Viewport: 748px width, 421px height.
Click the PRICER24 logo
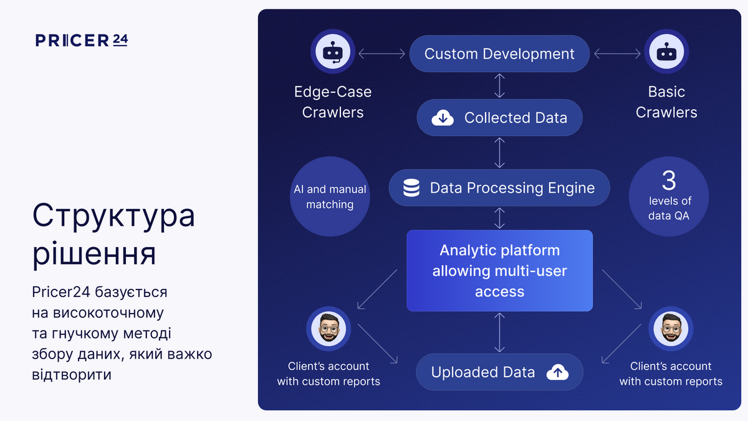tap(82, 41)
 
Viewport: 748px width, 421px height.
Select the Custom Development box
tap(499, 54)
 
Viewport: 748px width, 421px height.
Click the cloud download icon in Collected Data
tap(443, 117)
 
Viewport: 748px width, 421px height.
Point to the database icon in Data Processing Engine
tap(411, 188)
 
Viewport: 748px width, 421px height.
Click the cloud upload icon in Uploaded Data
tap(557, 372)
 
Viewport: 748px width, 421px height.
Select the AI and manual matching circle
tap(330, 196)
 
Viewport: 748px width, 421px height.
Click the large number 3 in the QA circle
tap(669, 181)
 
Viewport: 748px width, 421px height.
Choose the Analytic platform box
tap(499, 271)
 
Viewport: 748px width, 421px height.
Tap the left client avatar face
tap(328, 328)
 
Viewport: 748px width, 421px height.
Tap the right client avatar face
tap(671, 328)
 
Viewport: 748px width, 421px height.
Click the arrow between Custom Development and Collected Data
tap(499, 85)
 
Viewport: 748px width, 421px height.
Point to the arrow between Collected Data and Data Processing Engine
tap(499, 152)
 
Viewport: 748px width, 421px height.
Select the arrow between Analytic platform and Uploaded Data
tap(499, 332)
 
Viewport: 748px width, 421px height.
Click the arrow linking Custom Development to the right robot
tap(617, 54)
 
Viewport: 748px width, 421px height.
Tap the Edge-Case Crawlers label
tap(333, 102)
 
